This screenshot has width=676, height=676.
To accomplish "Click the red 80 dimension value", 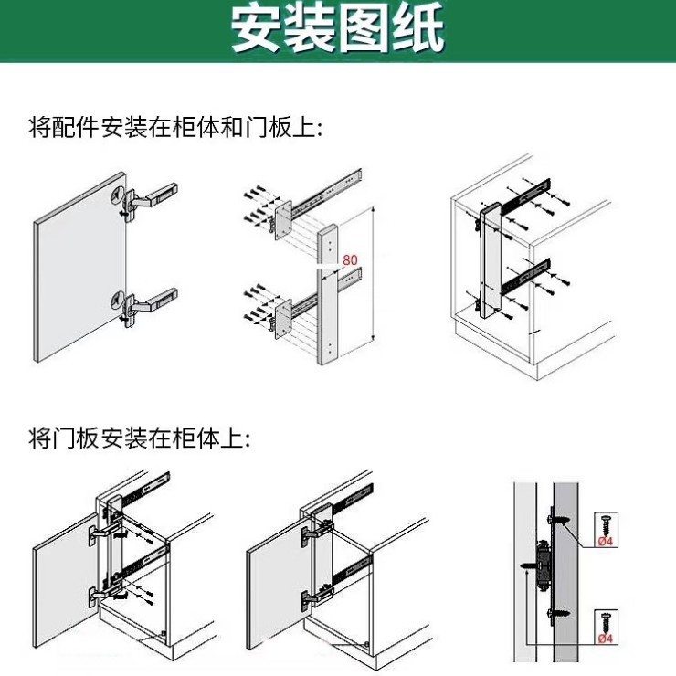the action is (x=350, y=260).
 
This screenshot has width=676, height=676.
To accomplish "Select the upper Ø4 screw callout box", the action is (x=606, y=529).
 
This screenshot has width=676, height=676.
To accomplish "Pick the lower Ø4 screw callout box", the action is (x=606, y=626).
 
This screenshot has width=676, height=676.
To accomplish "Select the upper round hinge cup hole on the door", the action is (x=116, y=195).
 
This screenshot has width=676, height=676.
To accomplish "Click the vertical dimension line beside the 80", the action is (x=374, y=274).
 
